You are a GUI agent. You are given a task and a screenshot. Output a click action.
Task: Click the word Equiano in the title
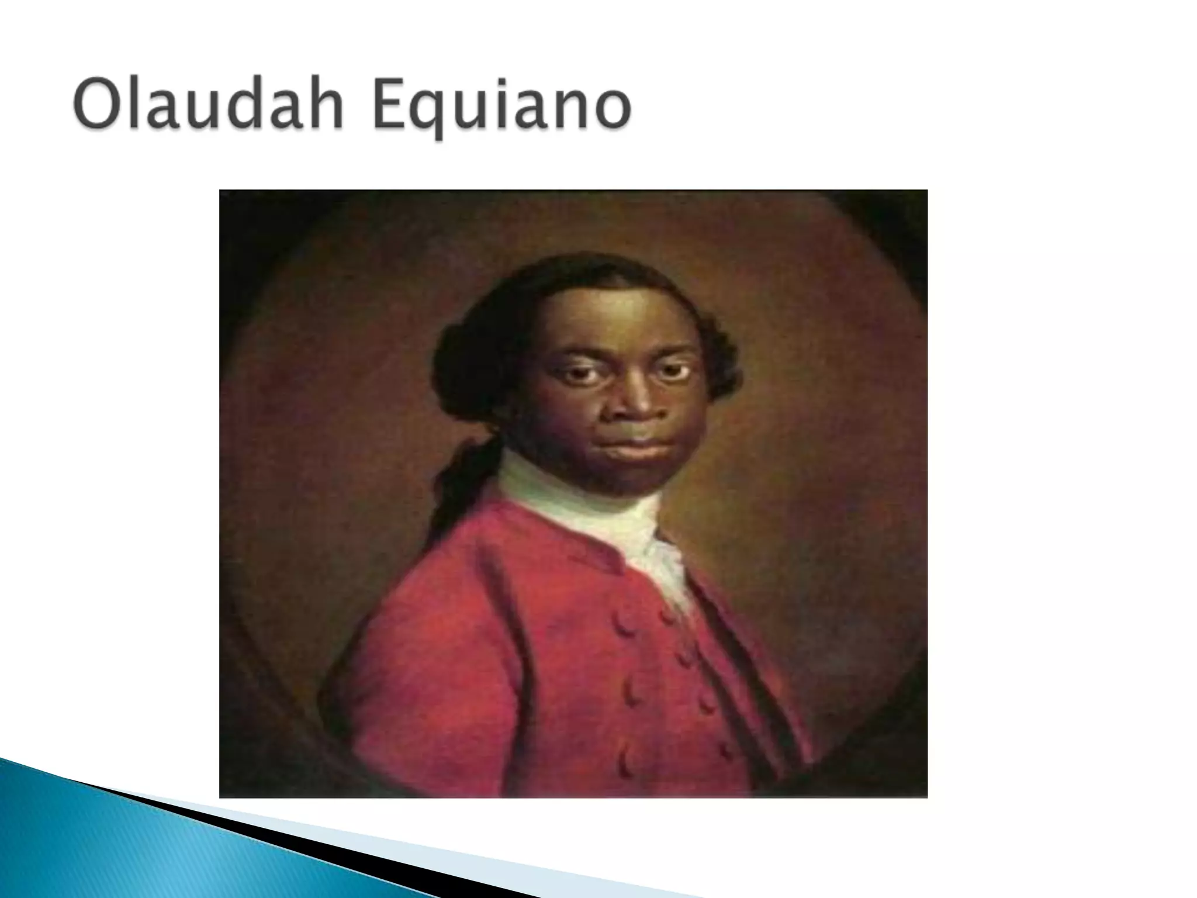pyautogui.click(x=501, y=109)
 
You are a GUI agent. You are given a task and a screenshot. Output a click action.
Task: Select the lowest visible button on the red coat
pyautogui.click(x=628, y=766)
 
